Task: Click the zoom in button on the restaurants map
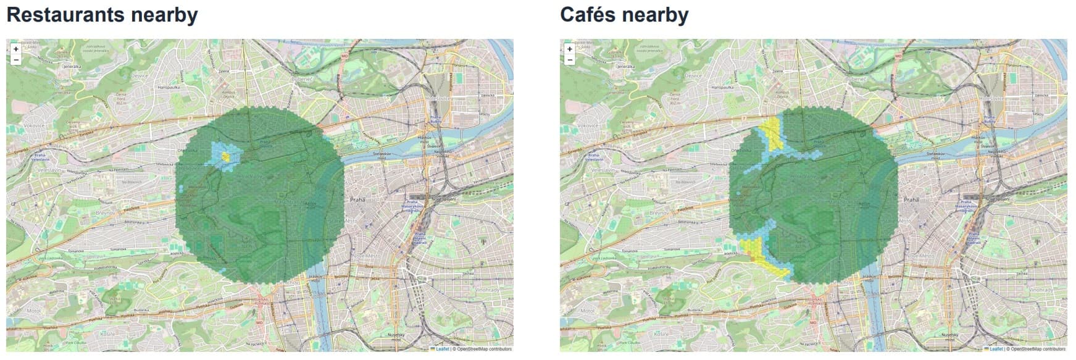(x=16, y=49)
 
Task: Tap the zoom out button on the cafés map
(x=570, y=60)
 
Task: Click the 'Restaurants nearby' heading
(x=102, y=15)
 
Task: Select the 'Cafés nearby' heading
(x=624, y=15)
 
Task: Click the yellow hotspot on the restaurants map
(x=226, y=157)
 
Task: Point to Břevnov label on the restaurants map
(x=103, y=212)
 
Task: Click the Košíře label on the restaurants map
(x=107, y=333)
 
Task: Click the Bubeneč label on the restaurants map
(x=302, y=80)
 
